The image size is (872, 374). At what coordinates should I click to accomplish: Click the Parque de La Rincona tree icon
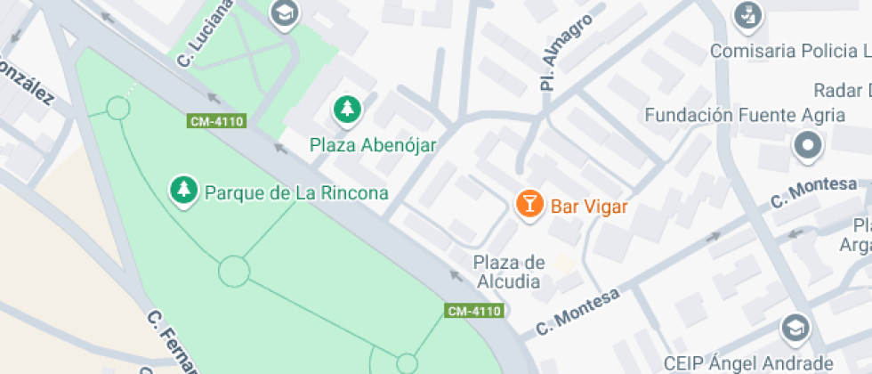click(183, 189)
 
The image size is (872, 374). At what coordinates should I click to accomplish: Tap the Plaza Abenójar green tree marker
click(347, 110)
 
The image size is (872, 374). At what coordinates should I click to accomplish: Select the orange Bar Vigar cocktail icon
click(529, 204)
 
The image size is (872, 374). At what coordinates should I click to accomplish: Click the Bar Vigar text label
click(589, 207)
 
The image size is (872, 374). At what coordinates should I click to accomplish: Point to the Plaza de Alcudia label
click(508, 272)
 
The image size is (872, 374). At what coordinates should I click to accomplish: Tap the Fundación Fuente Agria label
click(745, 115)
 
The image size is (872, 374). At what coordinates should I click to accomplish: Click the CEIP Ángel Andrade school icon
click(795, 328)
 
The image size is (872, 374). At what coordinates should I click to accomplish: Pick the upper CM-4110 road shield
click(216, 121)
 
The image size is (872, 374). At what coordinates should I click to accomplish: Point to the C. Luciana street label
click(206, 33)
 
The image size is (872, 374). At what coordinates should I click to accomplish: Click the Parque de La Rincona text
click(296, 192)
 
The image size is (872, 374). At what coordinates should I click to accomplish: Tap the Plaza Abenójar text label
click(373, 145)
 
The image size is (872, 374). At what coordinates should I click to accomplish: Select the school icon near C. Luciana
click(285, 13)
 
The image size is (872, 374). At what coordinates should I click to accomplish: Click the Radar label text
click(842, 90)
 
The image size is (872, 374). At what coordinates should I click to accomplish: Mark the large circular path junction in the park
click(234, 271)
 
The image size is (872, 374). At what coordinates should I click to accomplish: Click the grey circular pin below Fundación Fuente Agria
click(808, 145)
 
